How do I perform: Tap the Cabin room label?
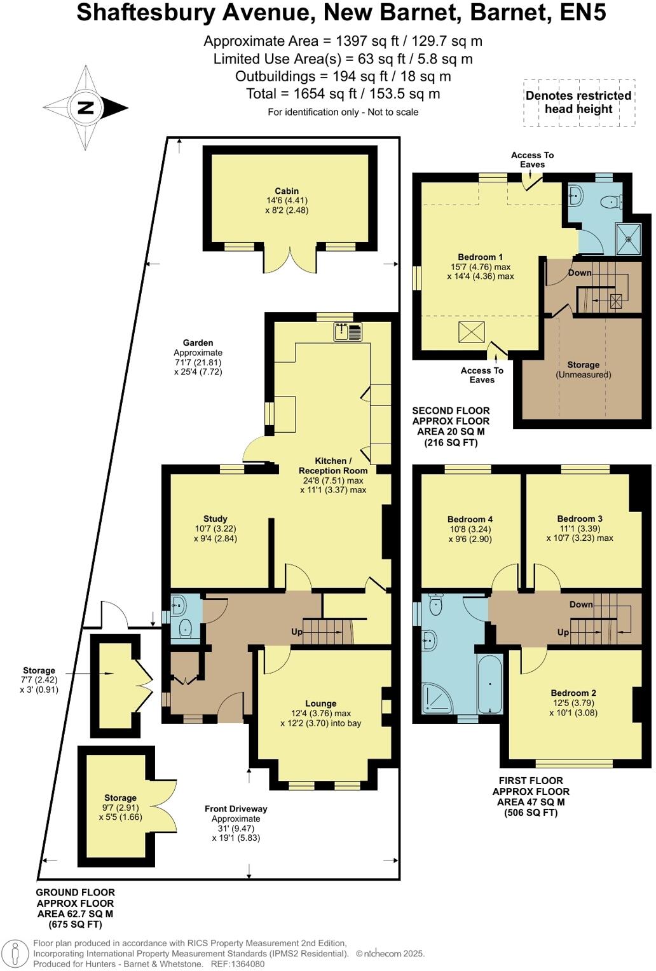pos(287,191)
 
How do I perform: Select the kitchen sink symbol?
pos(348,332)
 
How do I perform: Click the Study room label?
pos(215,519)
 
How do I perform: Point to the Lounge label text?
pos(320,703)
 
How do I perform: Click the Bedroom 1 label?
pos(480,257)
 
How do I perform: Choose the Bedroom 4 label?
pos(470,519)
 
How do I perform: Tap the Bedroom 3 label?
pos(580,519)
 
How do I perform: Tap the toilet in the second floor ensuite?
pos(611,202)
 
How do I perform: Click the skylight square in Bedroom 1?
pos(472,332)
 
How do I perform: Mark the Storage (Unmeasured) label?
pos(583,369)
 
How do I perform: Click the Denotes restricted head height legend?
pos(578,102)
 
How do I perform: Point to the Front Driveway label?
pos(236,809)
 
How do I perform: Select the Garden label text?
pos(198,343)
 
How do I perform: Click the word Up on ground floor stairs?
pos(297,632)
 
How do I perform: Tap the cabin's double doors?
pos(290,261)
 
